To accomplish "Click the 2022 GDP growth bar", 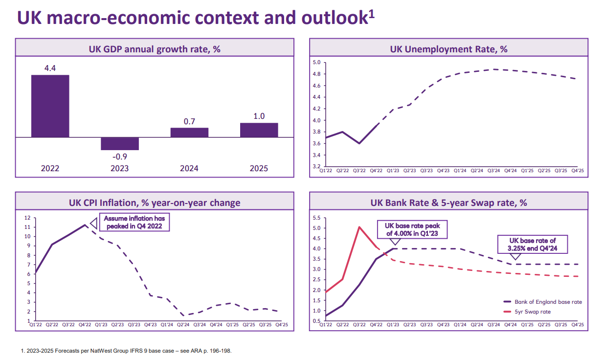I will coord(50,106).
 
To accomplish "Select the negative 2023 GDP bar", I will coord(120,144).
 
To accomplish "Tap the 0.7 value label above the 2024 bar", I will coord(189,121).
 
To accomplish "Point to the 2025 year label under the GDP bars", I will coord(259,168).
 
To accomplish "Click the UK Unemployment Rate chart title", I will coord(448,49).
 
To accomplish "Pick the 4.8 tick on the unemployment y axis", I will coord(316,74).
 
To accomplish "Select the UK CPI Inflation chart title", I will coord(155,202).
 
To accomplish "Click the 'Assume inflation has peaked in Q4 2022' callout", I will coord(134,223).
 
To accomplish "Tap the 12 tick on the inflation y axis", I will coord(27,218).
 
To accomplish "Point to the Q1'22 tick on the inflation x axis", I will coord(36,324).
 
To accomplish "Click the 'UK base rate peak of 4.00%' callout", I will coord(412,229).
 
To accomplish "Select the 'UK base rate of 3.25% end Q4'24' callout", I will coord(533,244).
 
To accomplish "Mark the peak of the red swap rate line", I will coord(359,227).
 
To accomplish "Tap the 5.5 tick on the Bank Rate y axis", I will coord(316,218).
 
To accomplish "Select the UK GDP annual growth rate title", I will coord(155,49).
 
